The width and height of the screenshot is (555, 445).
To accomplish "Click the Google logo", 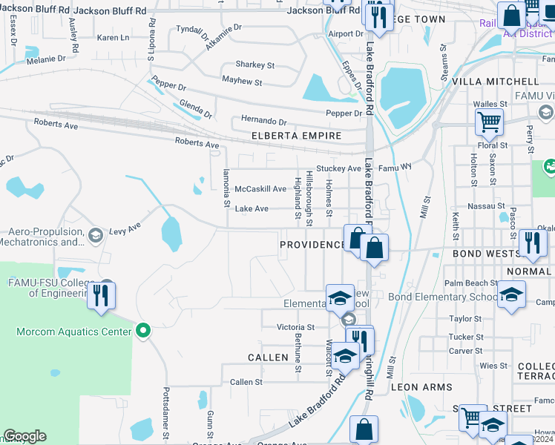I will (24, 436).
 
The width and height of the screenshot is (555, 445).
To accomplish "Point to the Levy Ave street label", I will (125, 231).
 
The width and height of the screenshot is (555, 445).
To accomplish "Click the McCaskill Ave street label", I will (260, 189).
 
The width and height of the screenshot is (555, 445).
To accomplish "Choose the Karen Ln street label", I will (113, 37).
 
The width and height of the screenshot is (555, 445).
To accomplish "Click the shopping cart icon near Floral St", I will (489, 121).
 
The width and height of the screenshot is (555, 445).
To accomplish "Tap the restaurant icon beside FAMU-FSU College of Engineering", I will (101, 295).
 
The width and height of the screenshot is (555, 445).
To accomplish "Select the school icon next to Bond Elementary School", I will (511, 294).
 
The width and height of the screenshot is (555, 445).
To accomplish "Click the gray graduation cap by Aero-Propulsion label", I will (95, 236).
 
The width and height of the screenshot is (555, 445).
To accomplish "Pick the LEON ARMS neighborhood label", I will (421, 387).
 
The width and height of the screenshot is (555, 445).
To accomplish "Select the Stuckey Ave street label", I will (338, 169).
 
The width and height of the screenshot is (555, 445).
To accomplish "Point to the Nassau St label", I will (488, 206).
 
